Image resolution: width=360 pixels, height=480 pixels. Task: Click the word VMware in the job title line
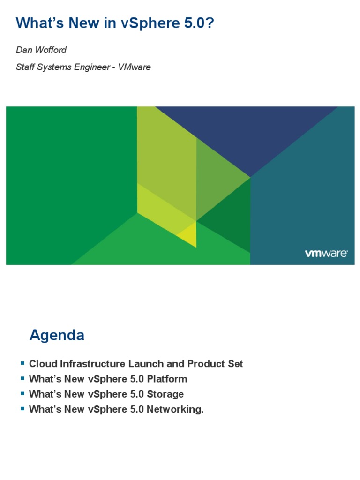(135, 67)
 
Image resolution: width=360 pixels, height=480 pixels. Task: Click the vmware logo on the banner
(326, 254)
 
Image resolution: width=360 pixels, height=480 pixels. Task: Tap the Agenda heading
(57, 335)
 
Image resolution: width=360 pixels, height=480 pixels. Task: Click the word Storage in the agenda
(165, 394)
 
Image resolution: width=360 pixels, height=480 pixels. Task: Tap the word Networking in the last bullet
(174, 409)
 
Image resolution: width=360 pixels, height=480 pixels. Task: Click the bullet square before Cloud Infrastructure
(22, 363)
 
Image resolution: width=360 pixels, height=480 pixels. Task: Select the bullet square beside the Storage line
(22, 394)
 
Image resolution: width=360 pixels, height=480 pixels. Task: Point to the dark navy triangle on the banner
(248, 136)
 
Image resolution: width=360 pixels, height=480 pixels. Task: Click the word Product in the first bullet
(207, 364)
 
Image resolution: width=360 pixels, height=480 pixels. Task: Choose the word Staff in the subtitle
(26, 67)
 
